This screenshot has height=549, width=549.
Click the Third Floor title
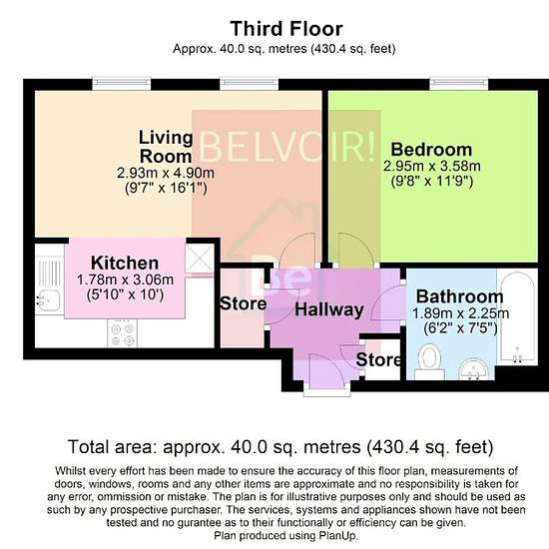[286, 29]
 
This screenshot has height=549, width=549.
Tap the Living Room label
[166, 147]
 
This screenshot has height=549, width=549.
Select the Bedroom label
[431, 150]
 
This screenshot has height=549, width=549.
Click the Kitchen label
[125, 263]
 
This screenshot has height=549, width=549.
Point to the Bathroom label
[460, 296]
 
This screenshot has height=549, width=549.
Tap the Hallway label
[329, 309]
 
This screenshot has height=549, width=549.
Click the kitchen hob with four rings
[122, 334]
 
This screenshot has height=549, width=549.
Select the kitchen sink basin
[49, 300]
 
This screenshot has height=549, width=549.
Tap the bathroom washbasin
[473, 369]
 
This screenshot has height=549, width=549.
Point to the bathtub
[517, 317]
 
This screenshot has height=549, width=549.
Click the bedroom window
[459, 84]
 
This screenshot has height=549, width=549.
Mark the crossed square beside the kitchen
[200, 259]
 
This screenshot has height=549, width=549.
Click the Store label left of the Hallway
[243, 303]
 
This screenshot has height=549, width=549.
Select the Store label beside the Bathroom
[379, 360]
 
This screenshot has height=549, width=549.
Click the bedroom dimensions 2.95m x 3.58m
[431, 166]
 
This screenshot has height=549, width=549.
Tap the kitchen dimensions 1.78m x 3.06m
[125, 279]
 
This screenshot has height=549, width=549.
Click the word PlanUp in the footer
[337, 536]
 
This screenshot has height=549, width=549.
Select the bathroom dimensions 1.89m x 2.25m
[460, 313]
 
